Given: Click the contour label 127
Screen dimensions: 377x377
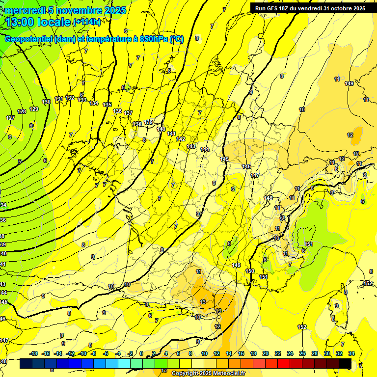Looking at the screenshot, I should tap(10, 118).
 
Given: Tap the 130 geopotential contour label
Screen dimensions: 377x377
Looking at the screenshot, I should tap(46, 102).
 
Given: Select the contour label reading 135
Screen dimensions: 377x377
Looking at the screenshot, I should tap(108, 105).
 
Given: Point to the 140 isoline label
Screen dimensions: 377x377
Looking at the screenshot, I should tap(161, 129).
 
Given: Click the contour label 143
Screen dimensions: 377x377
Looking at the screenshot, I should tap(191, 146).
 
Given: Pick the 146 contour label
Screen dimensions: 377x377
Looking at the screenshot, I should tap(246, 167).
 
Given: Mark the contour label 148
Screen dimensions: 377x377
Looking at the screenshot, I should tap(268, 198).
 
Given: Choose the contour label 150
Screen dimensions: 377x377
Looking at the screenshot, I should tap(250, 271).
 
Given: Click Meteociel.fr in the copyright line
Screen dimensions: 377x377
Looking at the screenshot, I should tap(226, 374).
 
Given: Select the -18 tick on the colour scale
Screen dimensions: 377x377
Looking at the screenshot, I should tap(34, 353).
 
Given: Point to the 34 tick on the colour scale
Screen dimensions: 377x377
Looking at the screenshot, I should tap(351, 353).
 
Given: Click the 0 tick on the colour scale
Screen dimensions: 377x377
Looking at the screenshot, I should tap(141, 353).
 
